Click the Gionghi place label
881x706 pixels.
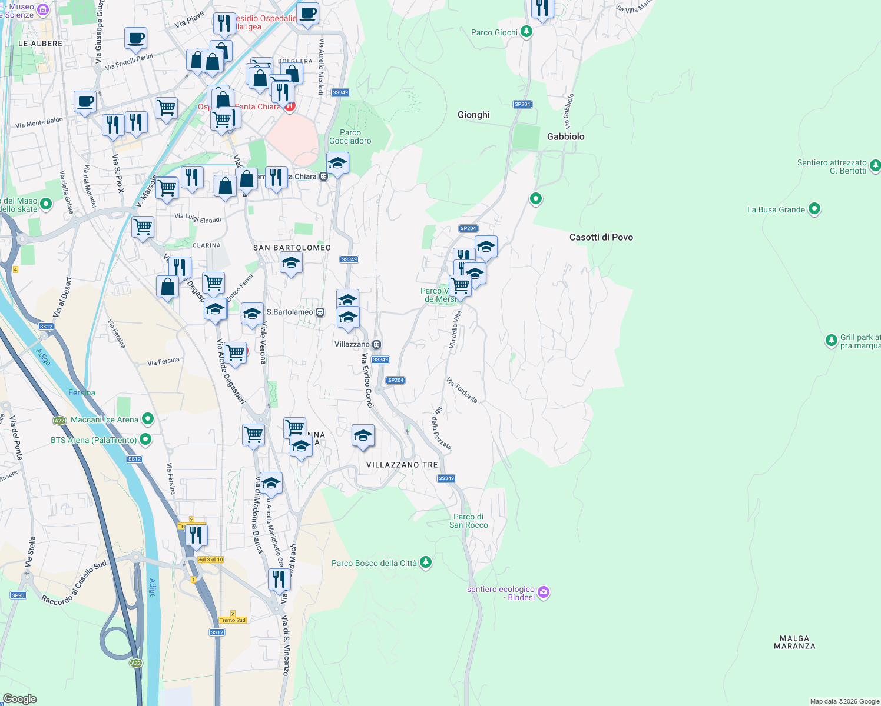click(x=473, y=115)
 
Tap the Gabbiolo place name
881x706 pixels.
click(x=565, y=136)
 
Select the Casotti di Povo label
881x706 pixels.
click(x=601, y=237)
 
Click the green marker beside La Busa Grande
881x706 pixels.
click(x=814, y=209)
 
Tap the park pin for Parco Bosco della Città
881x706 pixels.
click(x=425, y=562)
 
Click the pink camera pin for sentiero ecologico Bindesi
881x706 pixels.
click(x=544, y=592)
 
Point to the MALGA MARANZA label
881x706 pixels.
click(x=794, y=642)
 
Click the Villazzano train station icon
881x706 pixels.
click(x=376, y=344)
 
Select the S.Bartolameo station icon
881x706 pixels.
click(x=320, y=312)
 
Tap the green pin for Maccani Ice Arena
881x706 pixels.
click(x=148, y=419)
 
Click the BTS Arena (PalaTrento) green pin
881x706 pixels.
click(x=145, y=439)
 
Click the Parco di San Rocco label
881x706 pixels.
click(x=468, y=521)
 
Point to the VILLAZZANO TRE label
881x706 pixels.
click(x=402, y=465)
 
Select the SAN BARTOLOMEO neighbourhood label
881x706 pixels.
click(x=292, y=248)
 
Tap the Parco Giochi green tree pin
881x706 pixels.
click(x=526, y=32)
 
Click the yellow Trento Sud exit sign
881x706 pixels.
click(x=232, y=620)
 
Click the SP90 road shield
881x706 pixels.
click(x=18, y=595)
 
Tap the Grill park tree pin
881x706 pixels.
click(x=831, y=340)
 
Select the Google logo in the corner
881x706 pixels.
click(x=20, y=699)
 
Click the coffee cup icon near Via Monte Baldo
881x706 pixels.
click(x=85, y=102)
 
